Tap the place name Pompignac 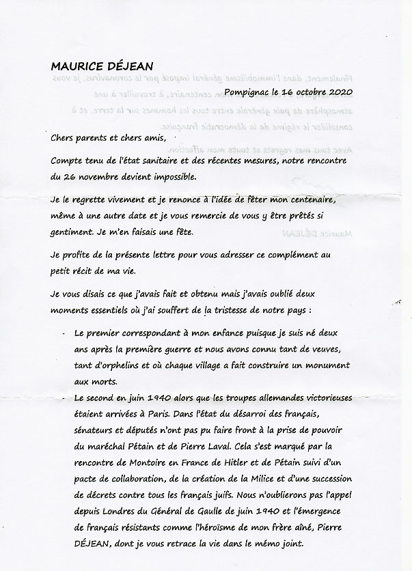tap(251, 92)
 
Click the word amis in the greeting tap(149, 138)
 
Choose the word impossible tap(171, 177)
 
